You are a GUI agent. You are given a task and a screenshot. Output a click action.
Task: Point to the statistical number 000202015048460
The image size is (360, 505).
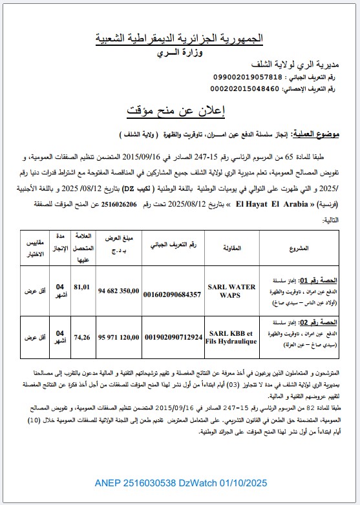pos(248,88)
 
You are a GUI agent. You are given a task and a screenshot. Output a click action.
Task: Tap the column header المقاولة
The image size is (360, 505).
pos(232,246)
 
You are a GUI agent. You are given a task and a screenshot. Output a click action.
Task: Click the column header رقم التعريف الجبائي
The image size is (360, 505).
pos(173,246)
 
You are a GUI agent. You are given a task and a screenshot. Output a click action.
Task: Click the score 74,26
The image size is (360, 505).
pos(82,336)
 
